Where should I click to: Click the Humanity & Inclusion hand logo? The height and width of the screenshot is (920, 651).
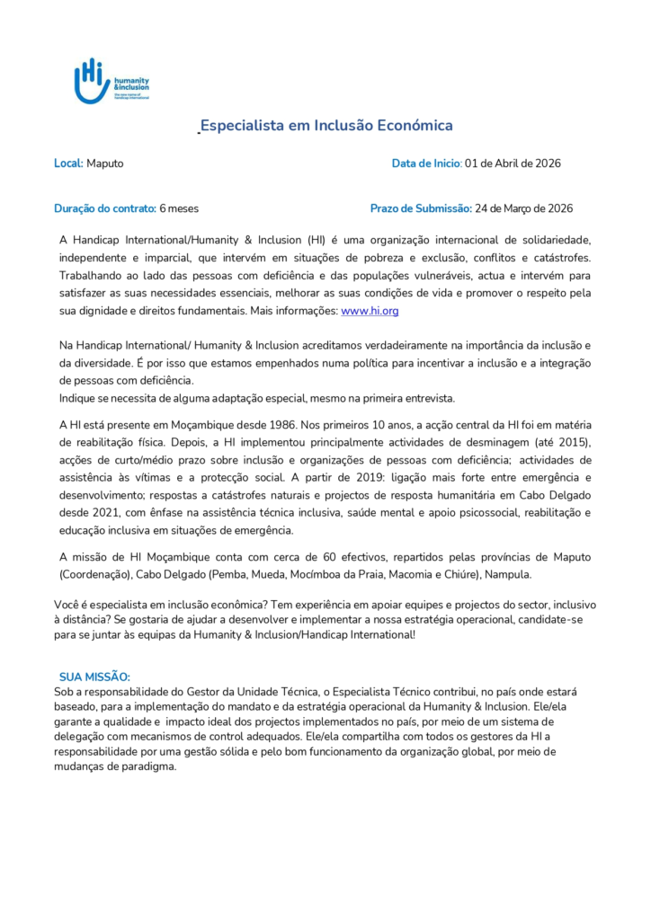point(92,82)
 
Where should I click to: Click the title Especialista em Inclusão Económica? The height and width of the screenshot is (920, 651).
point(325,126)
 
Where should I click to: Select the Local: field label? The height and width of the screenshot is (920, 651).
point(68,164)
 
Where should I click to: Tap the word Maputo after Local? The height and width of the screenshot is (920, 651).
point(105,164)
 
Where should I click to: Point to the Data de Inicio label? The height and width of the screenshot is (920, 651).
point(426,164)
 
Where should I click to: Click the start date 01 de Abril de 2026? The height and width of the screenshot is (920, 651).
point(513,164)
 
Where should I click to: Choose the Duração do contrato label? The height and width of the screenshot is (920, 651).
point(104,208)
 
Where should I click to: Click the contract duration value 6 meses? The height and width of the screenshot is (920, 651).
point(179,208)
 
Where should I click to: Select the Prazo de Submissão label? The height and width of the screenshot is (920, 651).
point(421,208)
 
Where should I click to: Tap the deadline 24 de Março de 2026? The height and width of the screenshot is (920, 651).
point(523,208)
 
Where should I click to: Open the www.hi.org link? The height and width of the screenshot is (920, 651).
point(370,310)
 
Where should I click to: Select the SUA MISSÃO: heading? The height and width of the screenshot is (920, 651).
point(94,676)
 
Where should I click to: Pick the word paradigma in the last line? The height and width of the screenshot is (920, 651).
point(152,767)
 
